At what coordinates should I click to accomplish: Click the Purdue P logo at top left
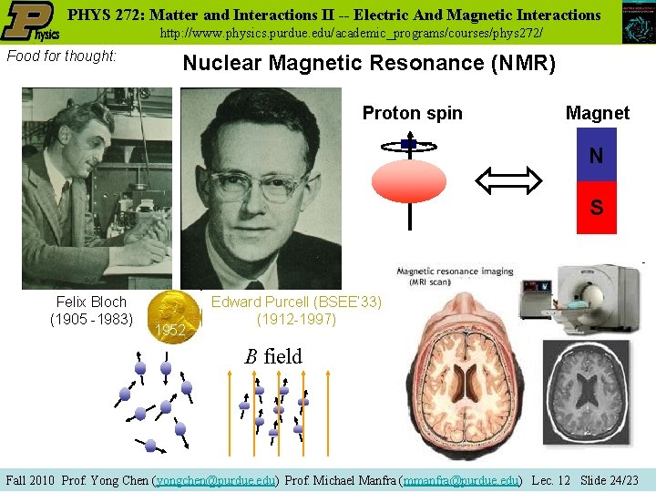pos(30,22)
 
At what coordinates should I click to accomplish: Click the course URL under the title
pos(351,33)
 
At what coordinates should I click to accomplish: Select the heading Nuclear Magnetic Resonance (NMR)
pos(369,63)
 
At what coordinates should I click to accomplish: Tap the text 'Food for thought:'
pos(61,56)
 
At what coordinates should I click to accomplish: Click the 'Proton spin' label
pos(412,113)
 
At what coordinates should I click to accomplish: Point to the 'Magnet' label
pos(597,113)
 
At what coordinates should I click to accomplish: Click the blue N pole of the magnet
pos(596,156)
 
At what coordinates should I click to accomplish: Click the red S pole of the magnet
pos(596,208)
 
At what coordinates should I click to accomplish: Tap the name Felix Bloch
pos(91,302)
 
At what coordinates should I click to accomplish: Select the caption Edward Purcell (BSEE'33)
pos(296,302)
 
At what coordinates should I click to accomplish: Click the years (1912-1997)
pos(296,320)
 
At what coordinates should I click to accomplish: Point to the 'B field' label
pos(272,356)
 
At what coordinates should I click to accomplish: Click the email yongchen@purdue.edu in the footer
pos(218,479)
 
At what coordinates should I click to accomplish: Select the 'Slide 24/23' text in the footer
pos(610,479)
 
